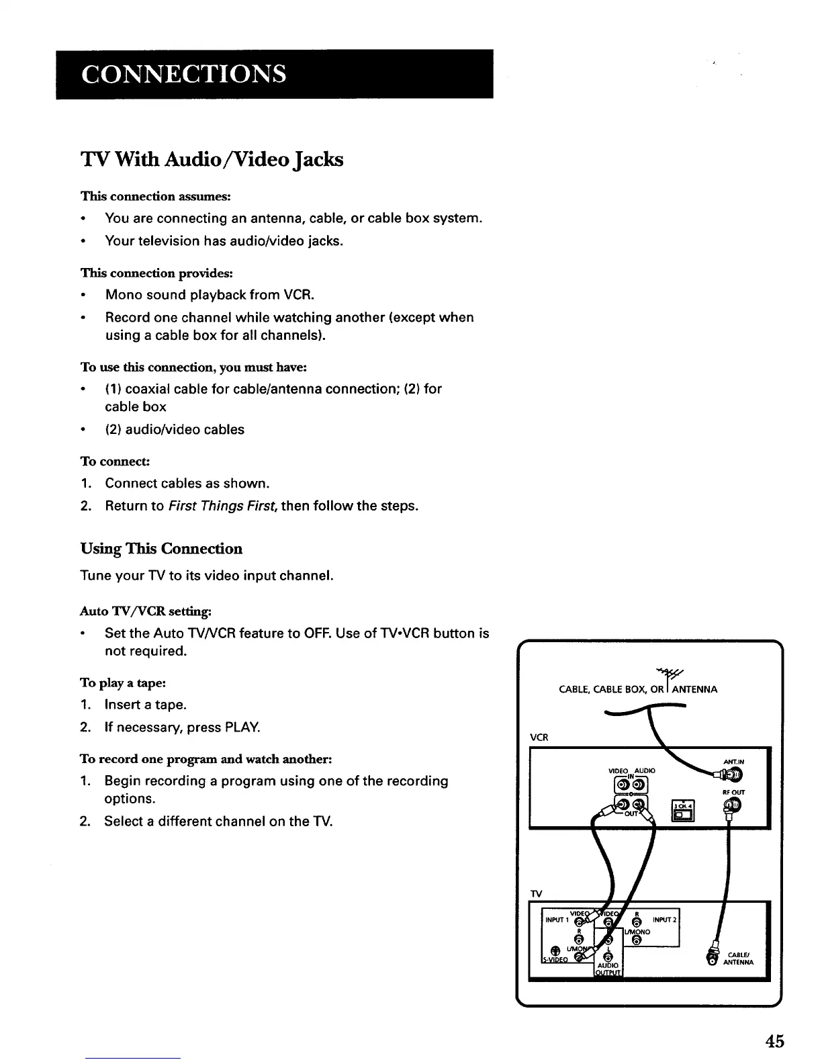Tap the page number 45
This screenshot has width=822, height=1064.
click(x=774, y=1042)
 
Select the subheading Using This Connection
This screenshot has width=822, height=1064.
click(x=161, y=549)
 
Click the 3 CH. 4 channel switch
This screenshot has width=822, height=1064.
click(x=682, y=811)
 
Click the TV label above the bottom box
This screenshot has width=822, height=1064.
click(x=537, y=894)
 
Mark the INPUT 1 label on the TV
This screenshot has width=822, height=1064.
click(x=557, y=920)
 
